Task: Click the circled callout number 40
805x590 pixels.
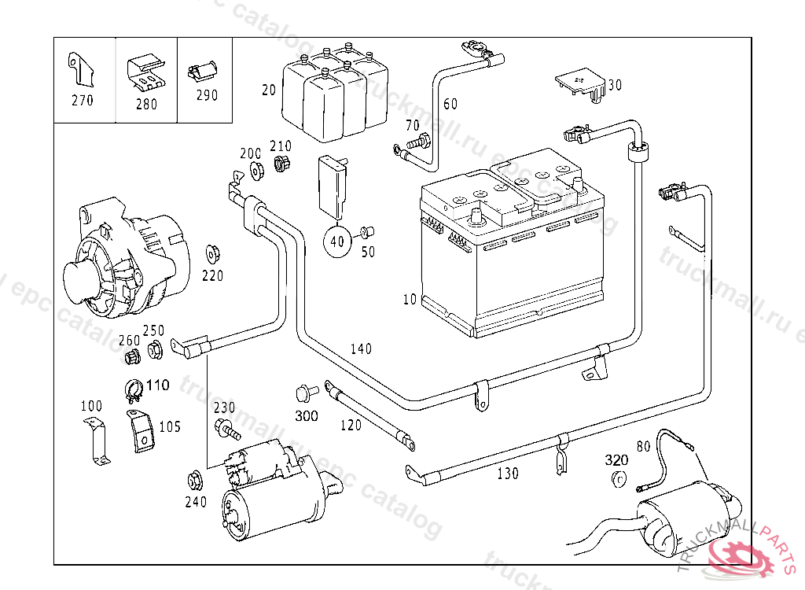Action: click(x=337, y=241)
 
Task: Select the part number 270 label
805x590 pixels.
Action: click(x=82, y=100)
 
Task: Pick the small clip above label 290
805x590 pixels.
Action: click(x=203, y=71)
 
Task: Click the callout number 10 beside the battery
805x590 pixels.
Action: click(x=409, y=299)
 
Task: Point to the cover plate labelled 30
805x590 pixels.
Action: click(x=579, y=84)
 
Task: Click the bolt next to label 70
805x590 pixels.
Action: click(x=421, y=142)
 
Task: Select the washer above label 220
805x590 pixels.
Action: click(x=211, y=253)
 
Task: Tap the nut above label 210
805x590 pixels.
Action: click(x=281, y=164)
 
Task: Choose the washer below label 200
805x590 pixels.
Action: click(x=255, y=170)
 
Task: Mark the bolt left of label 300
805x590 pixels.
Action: click(x=303, y=391)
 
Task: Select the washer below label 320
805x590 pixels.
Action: click(x=617, y=480)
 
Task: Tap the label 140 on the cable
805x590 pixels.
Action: click(x=361, y=348)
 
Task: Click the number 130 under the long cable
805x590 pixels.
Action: click(x=508, y=474)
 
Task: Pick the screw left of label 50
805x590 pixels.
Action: click(x=366, y=232)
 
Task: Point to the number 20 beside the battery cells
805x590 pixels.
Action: click(x=269, y=90)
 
